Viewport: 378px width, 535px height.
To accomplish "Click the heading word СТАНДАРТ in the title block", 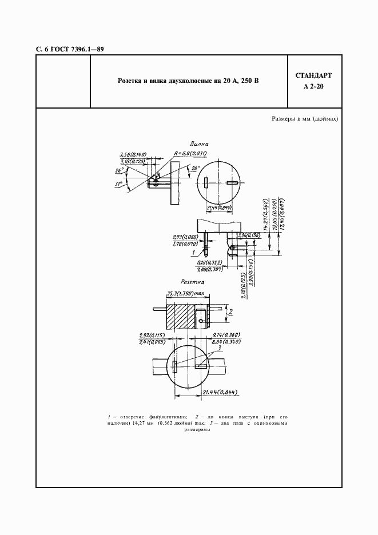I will click(x=313, y=76).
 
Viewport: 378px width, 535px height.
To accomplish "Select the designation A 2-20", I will click(x=313, y=87).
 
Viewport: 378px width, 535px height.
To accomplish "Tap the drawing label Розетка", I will click(x=192, y=282).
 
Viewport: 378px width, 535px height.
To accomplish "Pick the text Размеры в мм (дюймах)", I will click(x=304, y=119).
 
